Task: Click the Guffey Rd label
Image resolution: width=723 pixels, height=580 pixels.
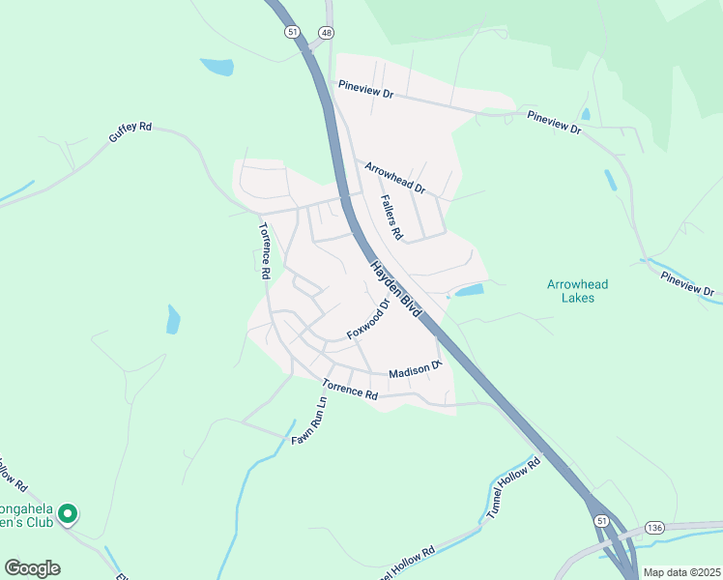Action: coord(130,133)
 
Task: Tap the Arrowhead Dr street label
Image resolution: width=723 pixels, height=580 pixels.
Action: coord(394,176)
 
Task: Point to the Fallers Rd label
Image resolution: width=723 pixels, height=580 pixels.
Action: coord(390,217)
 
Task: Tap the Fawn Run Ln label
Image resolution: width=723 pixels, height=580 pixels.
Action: coord(311,420)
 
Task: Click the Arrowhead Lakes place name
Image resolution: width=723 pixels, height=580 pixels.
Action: coord(577,290)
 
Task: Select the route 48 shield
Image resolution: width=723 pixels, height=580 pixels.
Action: coord(327,33)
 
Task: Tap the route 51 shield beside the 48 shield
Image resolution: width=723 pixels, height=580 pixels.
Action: coord(292,32)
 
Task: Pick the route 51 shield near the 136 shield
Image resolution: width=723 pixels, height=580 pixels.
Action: coord(602,520)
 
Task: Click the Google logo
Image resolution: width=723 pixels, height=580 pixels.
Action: coord(32,568)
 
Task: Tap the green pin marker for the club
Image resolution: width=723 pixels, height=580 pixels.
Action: coord(68,514)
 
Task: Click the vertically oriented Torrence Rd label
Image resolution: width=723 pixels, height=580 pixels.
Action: coord(263,250)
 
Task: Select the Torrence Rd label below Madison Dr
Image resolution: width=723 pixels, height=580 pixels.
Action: coord(350,388)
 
